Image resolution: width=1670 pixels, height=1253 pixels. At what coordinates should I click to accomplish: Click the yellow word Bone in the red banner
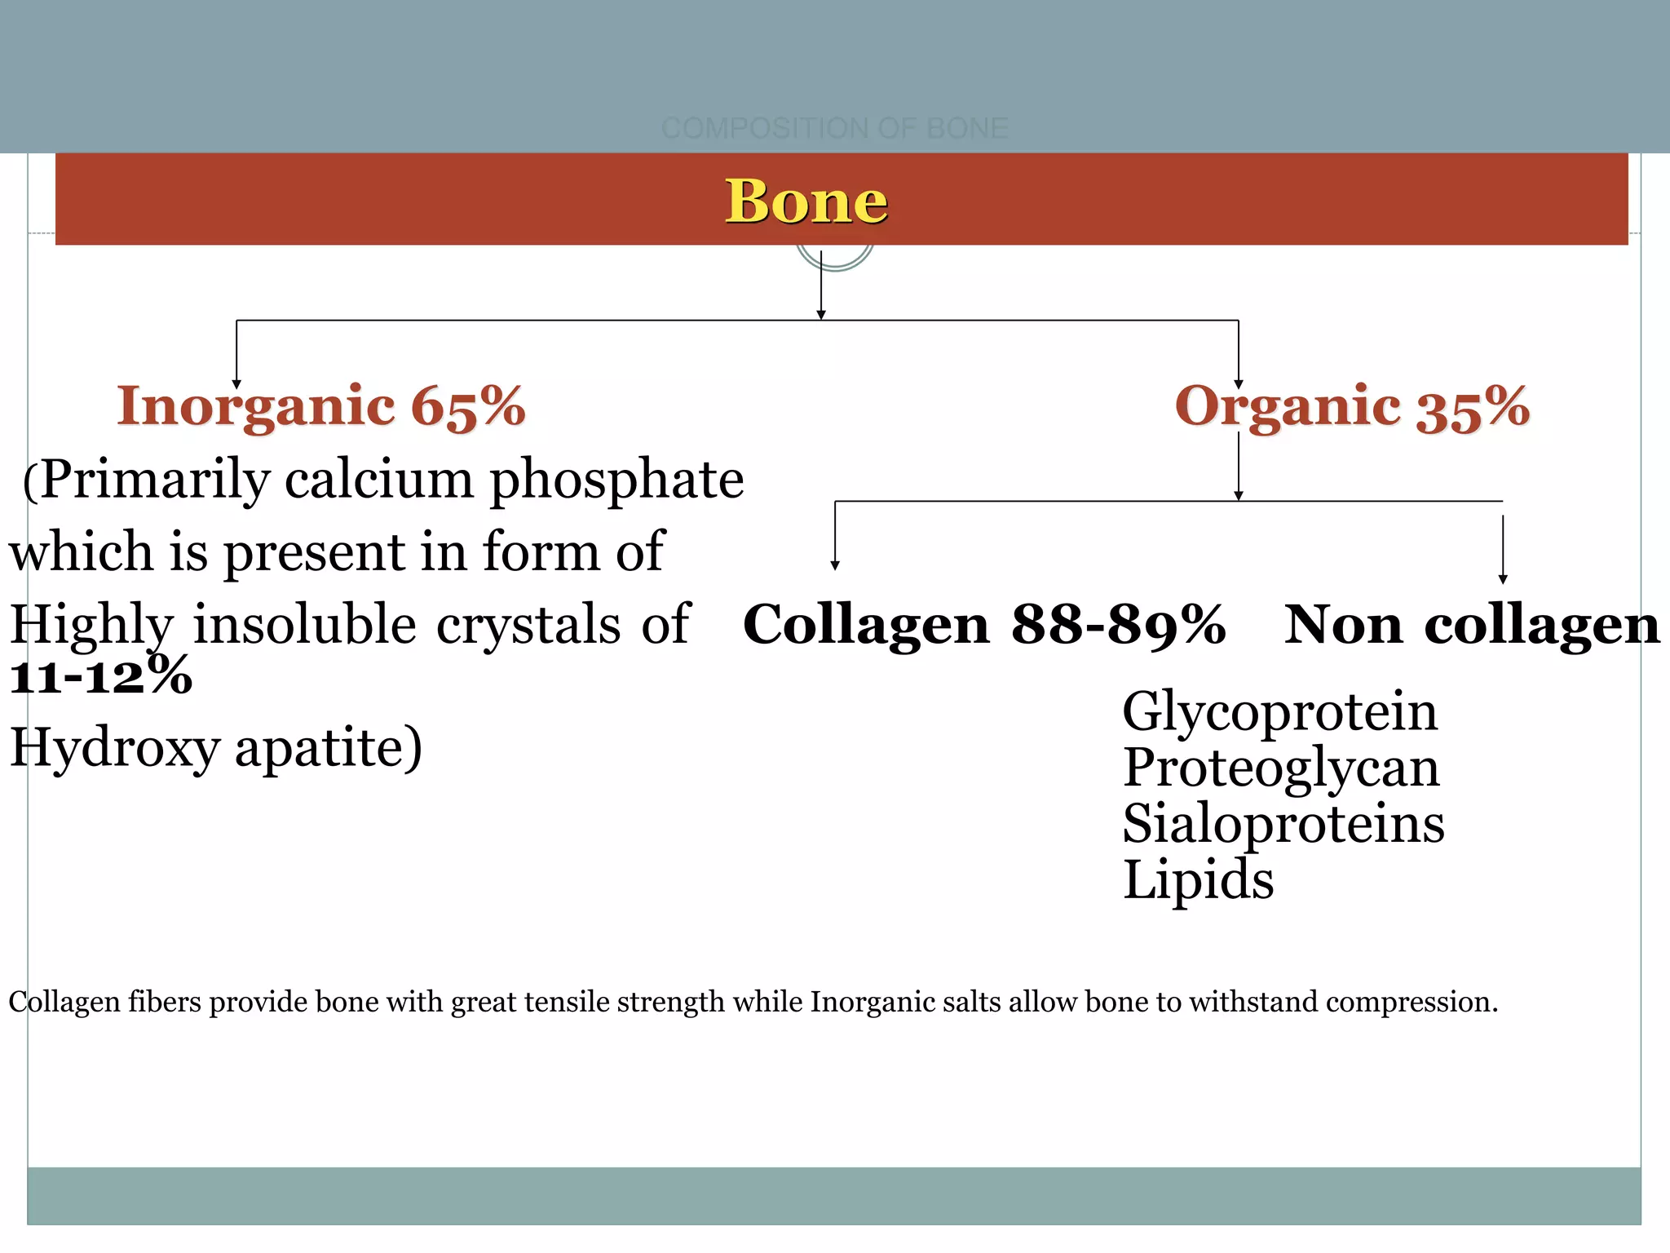tap(806, 201)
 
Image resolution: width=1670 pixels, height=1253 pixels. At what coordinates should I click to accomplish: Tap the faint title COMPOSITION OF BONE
tap(834, 128)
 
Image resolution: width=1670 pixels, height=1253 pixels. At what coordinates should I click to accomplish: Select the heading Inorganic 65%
tap(321, 406)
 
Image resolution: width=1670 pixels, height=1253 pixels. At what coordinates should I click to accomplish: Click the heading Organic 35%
tap(1351, 406)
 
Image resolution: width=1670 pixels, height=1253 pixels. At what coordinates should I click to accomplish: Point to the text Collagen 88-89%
tap(983, 625)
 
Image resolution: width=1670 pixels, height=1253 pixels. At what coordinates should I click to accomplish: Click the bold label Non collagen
tap(1471, 625)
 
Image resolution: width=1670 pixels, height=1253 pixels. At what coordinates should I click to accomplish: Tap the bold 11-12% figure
tap(101, 675)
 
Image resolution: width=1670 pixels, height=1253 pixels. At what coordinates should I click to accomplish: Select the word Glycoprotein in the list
tap(1279, 711)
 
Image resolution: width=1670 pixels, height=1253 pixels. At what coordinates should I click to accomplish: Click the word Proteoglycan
tap(1281, 768)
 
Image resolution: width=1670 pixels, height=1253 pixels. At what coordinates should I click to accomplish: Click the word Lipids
tap(1198, 879)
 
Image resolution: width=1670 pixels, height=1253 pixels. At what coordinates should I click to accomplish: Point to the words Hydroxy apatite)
tap(216, 747)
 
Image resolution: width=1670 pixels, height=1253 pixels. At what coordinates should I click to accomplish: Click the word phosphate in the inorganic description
tap(616, 480)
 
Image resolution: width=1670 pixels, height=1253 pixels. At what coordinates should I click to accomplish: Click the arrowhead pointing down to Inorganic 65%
tap(236, 384)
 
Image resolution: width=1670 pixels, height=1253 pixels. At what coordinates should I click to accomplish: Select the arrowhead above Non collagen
tap(1503, 579)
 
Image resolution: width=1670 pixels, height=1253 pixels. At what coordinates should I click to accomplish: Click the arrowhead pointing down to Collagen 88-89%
tap(834, 565)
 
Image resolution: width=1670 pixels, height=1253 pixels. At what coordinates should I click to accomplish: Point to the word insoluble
tap(304, 625)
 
